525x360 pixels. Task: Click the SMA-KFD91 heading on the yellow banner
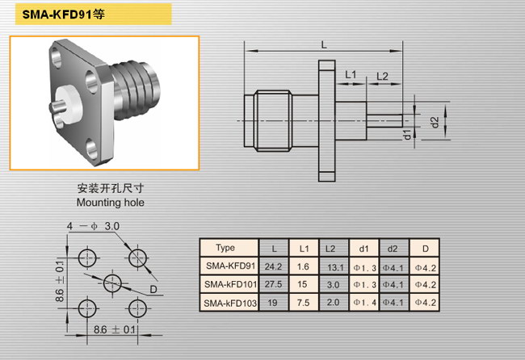click(63, 14)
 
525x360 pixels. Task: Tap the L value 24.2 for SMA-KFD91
click(273, 266)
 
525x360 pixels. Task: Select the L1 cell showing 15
click(302, 284)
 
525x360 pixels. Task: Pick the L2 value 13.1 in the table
click(335, 268)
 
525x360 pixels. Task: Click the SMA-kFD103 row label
click(230, 303)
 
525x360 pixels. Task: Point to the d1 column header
click(363, 249)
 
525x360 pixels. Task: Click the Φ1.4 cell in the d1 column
click(364, 303)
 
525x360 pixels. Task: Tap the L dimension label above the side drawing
click(324, 45)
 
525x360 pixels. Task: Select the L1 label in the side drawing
click(351, 74)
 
